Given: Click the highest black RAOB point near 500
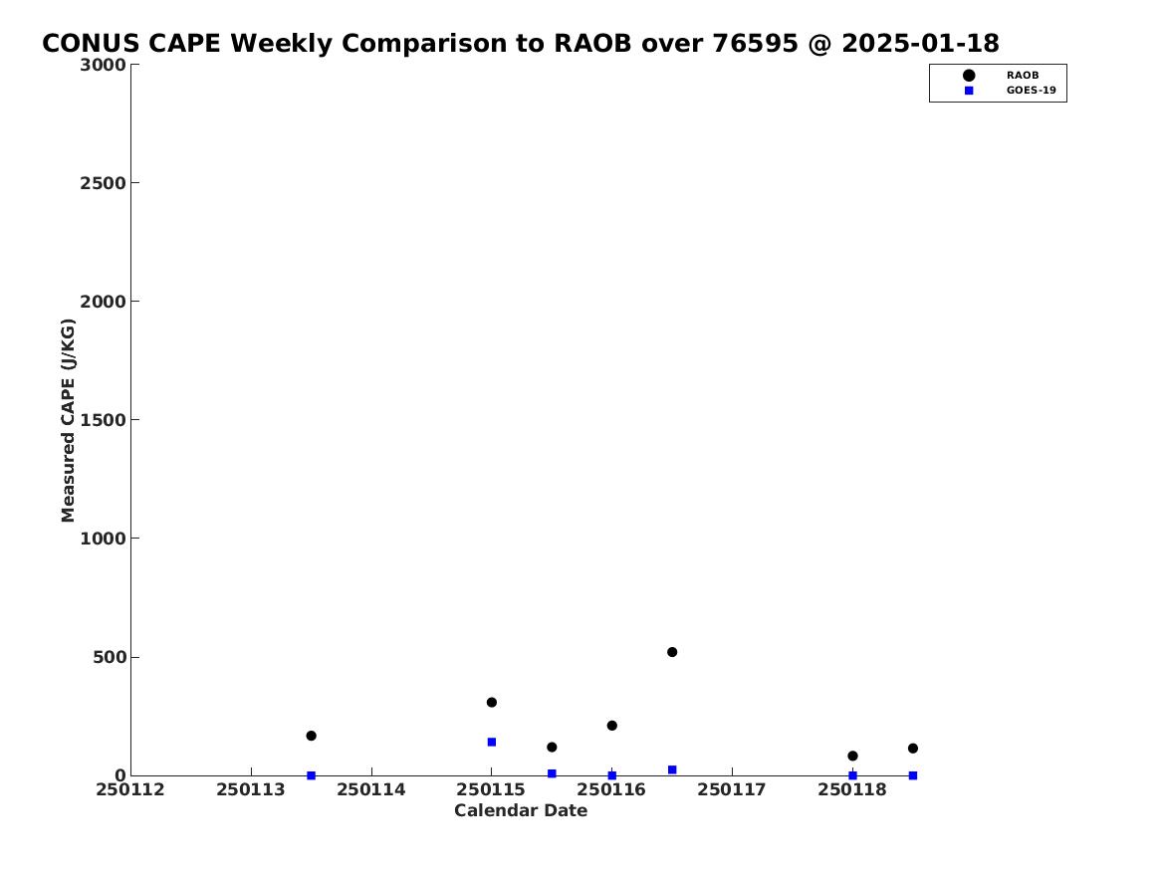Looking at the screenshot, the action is (672, 652).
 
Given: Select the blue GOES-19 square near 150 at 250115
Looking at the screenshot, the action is (491, 742).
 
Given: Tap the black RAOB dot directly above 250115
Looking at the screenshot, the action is (491, 702).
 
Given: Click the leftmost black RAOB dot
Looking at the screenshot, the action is (312, 736).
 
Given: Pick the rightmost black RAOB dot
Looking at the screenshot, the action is (913, 748).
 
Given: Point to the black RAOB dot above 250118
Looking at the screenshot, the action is (852, 756).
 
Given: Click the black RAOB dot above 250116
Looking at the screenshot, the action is (612, 725).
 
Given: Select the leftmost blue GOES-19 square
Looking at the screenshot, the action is (312, 775).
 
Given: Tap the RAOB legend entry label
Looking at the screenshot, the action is (1023, 75).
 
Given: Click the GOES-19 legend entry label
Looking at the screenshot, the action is (1031, 91).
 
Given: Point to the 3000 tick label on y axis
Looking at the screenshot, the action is (103, 65).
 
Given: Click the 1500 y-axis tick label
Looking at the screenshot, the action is (103, 420).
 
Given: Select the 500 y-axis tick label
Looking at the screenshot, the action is (110, 657).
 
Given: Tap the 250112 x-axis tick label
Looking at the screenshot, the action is (130, 789).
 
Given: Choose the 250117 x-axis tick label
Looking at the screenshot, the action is (732, 789).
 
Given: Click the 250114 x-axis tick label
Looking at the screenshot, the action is (371, 789).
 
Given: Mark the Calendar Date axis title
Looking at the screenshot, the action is (521, 810).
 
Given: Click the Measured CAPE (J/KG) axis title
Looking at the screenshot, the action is (68, 420).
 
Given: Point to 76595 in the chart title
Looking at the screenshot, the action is (756, 44).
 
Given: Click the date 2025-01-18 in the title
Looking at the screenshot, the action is (920, 44).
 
